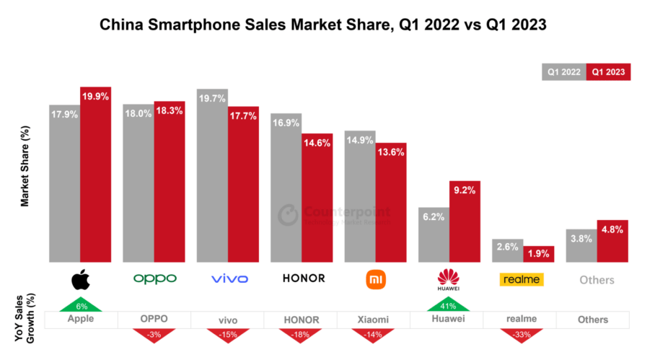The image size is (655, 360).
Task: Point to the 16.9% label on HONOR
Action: click(x=286, y=123)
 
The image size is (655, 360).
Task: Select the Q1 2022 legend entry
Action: click(x=564, y=72)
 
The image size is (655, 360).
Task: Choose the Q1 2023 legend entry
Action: click(x=609, y=72)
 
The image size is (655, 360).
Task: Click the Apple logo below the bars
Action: click(x=80, y=279)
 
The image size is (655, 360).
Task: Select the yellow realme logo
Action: click(x=522, y=279)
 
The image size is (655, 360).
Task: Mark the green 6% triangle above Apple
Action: click(x=81, y=305)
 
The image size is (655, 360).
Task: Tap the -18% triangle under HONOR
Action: click(x=301, y=333)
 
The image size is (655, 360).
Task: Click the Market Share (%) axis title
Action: click(x=25, y=166)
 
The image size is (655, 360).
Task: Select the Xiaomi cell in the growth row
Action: click(x=374, y=319)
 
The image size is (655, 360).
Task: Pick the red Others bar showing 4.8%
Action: click(x=612, y=242)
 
